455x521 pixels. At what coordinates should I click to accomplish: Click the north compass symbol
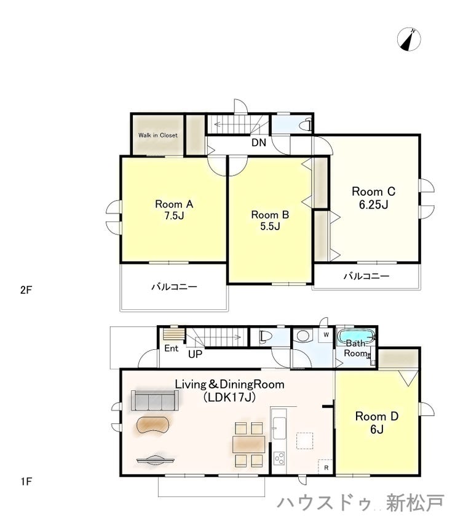409,40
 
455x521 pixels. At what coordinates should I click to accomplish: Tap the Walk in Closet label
158,135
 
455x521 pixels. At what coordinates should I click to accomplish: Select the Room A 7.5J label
174,210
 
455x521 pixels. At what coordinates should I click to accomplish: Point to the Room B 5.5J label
270,220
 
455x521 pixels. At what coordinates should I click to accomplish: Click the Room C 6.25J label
373,198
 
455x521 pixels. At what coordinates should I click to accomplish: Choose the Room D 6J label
377,423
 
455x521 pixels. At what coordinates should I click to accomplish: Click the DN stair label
259,142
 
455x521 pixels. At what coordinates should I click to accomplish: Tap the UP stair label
195,354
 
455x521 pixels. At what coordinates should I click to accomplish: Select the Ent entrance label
172,348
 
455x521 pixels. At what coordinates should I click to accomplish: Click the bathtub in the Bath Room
356,337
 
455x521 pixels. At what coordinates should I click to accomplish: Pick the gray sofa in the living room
155,401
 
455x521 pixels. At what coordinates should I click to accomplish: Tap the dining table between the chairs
249,444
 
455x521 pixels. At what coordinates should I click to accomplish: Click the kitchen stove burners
279,458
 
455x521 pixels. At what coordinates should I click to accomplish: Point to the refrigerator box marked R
325,466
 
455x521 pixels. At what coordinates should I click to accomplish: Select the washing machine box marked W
326,335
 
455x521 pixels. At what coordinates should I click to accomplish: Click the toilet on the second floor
305,126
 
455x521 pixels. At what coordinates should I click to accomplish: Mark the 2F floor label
26,290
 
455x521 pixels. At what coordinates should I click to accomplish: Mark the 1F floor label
26,481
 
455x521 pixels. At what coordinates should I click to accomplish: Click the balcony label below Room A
174,287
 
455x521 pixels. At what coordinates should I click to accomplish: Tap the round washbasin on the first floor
303,335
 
